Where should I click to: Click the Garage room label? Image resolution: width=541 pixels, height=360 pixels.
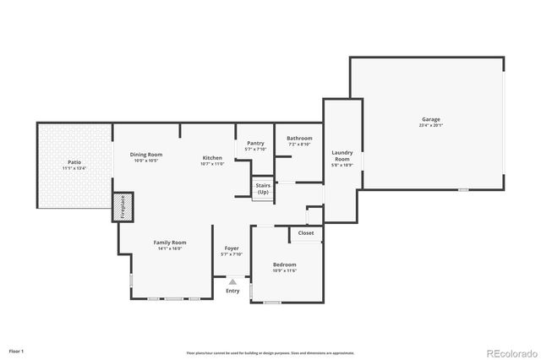431,119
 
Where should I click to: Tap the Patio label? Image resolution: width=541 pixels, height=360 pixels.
74,162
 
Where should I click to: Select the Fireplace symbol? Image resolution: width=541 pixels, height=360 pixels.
121,208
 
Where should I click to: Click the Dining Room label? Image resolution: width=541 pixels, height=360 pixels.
146,155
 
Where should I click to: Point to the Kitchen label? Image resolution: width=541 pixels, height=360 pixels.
211,158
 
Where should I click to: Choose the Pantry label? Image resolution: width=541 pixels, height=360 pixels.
256,144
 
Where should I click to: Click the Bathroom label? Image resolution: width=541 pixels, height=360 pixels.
299,139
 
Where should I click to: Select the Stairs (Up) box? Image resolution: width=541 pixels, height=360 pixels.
263,189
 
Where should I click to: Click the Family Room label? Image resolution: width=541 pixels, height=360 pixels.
170,243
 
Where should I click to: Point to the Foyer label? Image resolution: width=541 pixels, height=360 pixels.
231,248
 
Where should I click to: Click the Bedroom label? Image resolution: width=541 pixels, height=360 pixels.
284,265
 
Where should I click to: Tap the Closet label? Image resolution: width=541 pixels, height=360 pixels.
306,233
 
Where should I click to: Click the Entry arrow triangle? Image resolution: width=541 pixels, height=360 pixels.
232,281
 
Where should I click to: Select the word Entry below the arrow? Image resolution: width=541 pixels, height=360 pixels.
232,291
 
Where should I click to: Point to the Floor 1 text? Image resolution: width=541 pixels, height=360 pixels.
16,350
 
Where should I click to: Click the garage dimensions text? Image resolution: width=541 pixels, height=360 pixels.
431,125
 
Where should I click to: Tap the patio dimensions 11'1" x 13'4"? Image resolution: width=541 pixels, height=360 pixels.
74,168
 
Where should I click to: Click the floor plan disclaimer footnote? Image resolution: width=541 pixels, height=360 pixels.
270,352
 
